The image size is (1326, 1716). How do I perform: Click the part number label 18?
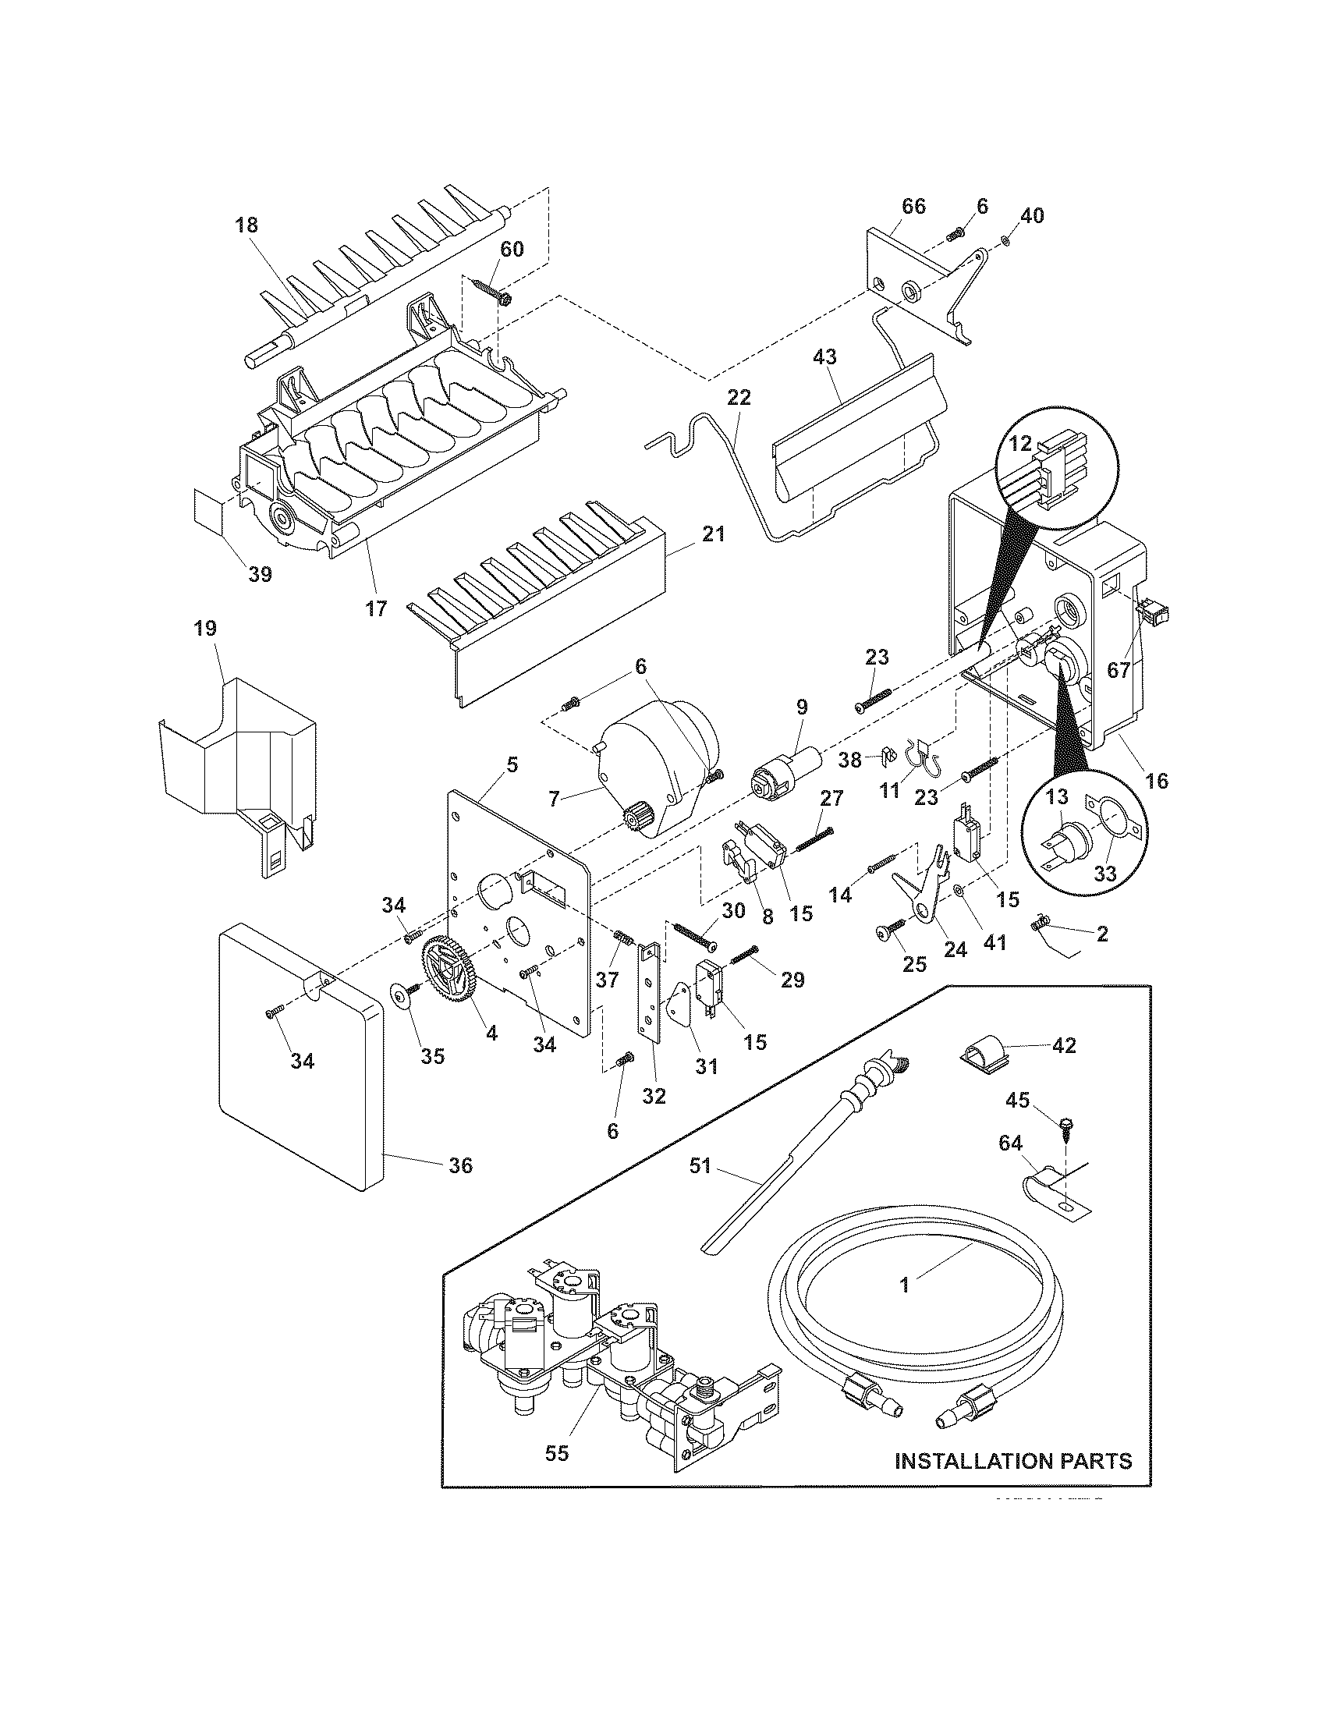click(x=246, y=225)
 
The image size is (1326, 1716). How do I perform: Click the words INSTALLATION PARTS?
click(x=1013, y=1461)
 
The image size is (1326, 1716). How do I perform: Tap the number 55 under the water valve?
click(x=556, y=1454)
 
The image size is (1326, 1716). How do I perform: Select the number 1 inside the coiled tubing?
click(x=904, y=1285)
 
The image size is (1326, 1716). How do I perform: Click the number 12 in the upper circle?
click(x=1019, y=444)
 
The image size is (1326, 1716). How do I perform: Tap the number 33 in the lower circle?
click(x=1104, y=874)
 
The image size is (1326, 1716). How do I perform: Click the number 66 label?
click(x=913, y=207)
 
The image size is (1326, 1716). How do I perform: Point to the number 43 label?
click(x=824, y=356)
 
